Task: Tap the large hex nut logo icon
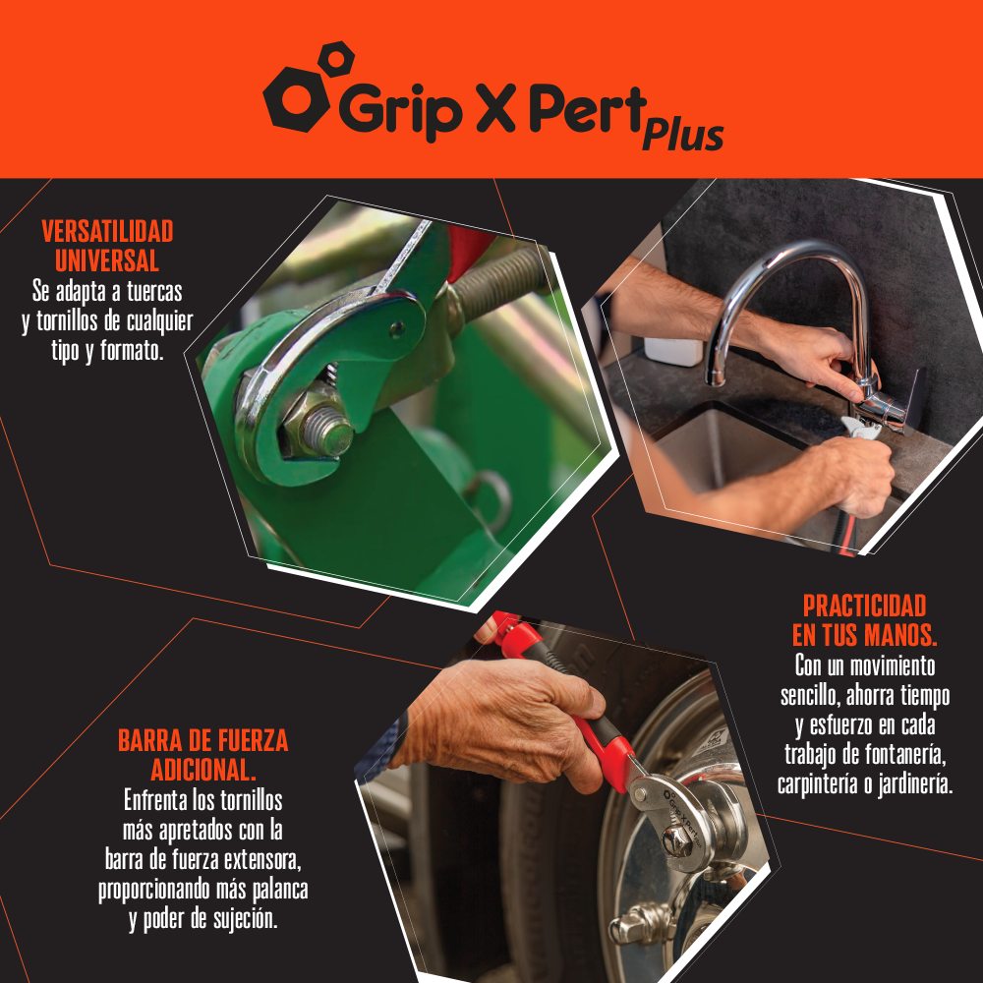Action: [296, 98]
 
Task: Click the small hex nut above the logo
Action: [336, 60]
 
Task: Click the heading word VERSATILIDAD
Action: [107, 232]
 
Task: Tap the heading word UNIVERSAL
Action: [107, 260]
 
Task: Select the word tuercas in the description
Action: [154, 292]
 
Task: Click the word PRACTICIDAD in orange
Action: [864, 607]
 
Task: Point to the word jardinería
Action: [915, 784]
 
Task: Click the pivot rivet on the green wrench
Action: [396, 329]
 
